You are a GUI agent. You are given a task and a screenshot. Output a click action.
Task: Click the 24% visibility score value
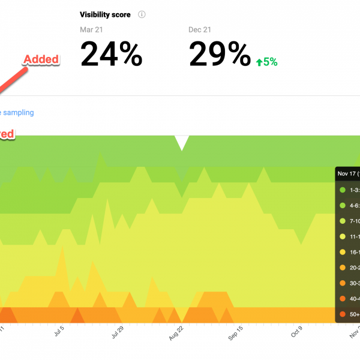pos(111,55)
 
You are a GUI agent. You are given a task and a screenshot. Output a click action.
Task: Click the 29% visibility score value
pos(220,55)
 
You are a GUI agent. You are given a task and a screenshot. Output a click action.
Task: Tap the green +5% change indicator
pos(266,61)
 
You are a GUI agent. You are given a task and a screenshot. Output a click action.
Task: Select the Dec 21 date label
pos(200,29)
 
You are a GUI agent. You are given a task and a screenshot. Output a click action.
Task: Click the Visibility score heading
pos(105,14)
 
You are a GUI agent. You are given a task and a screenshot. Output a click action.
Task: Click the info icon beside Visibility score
pos(142,14)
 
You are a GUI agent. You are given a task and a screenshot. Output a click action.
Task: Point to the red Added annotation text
pos(41,59)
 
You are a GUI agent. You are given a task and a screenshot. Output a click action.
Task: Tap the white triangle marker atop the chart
pos(182,142)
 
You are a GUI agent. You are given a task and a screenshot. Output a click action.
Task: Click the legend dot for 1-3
pos(343,190)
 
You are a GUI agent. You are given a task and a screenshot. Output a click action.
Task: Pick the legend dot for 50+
pos(343,314)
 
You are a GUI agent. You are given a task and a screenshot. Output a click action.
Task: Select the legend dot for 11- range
pos(343,236)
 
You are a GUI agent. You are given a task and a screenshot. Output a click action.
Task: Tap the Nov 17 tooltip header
pos(347,173)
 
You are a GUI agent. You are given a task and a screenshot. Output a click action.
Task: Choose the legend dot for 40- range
pos(343,298)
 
